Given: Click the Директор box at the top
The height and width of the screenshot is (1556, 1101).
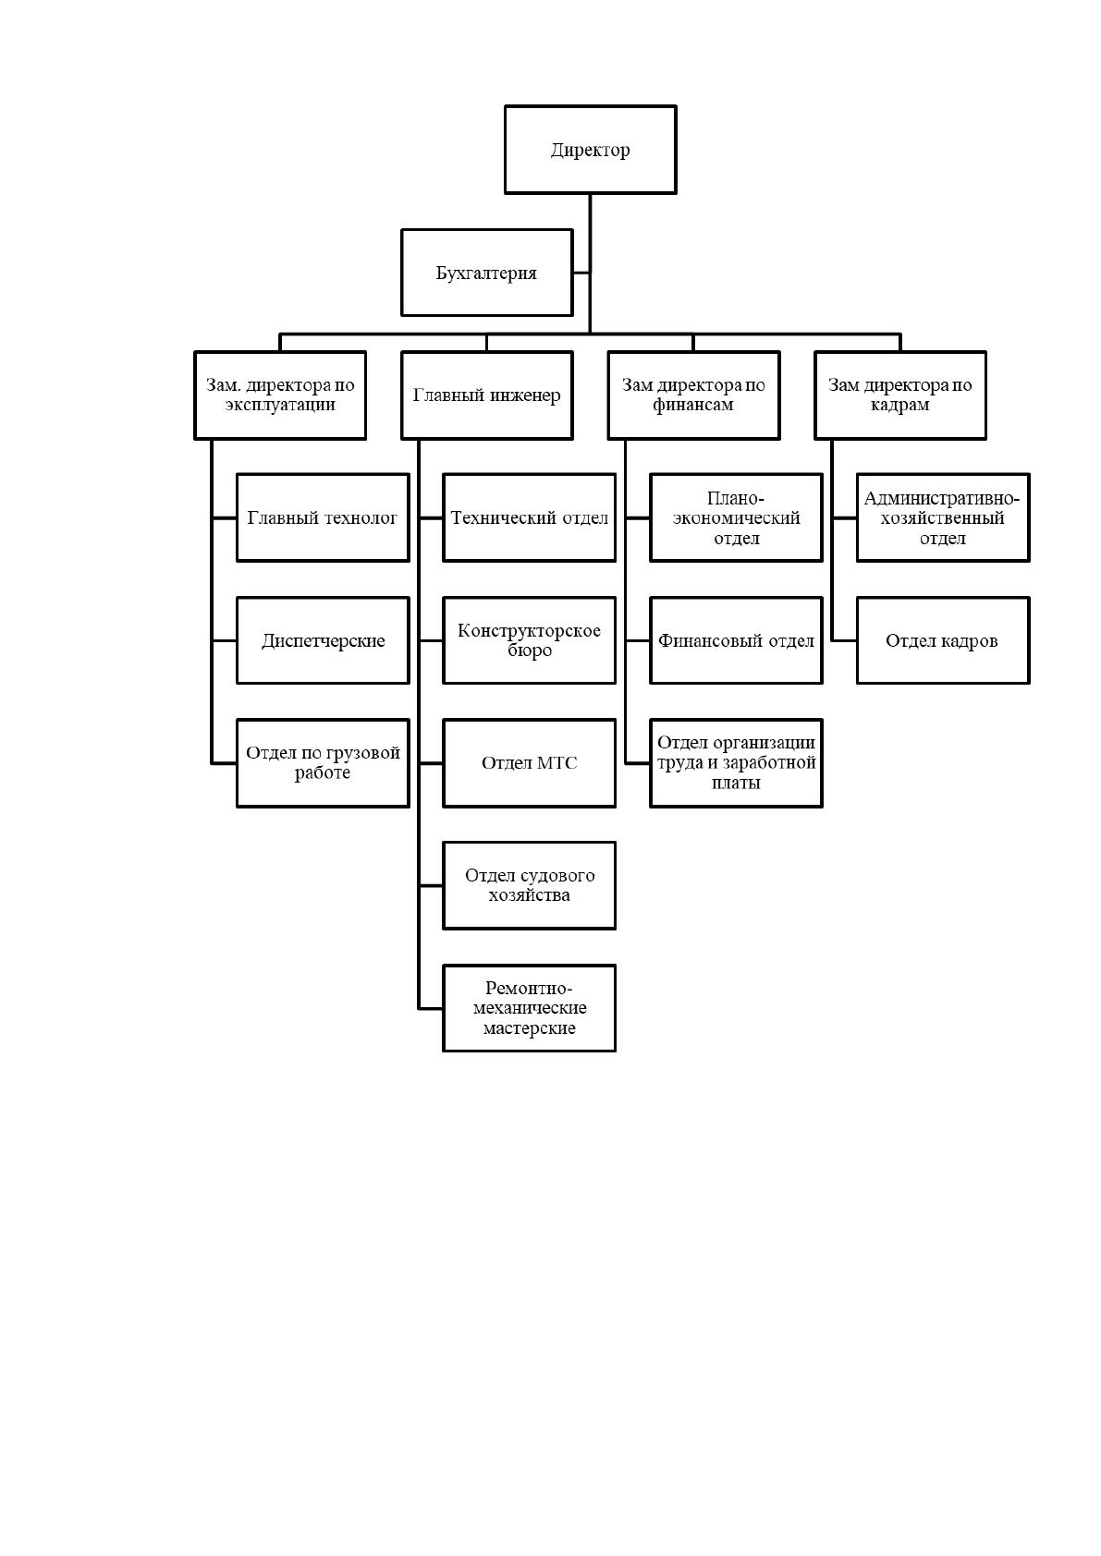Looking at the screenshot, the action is (590, 150).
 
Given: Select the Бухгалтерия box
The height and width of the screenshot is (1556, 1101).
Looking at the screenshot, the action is (486, 273).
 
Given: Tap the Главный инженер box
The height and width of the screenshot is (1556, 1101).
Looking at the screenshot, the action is (486, 395).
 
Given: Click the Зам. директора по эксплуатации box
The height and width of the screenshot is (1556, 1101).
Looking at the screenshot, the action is (280, 395).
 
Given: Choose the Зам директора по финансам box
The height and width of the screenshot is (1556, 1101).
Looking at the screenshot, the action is (693, 395).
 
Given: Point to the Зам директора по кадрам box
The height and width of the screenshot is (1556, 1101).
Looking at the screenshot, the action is (900, 395).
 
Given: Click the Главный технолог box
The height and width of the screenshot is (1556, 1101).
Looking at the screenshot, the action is (323, 517).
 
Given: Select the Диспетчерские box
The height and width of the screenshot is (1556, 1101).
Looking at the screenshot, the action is (323, 639).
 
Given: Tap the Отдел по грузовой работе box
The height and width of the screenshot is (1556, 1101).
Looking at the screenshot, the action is (323, 762).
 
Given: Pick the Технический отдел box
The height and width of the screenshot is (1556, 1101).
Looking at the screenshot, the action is (529, 517).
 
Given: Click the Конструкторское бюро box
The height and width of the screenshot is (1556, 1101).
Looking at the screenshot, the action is (529, 639).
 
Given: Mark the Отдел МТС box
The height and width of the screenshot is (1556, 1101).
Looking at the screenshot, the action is (529, 762).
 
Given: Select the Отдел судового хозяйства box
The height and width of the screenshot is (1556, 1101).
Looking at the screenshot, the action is (529, 885).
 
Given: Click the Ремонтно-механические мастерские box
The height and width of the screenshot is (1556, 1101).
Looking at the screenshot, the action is (529, 1008).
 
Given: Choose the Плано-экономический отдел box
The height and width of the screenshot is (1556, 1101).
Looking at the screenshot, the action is (736, 517).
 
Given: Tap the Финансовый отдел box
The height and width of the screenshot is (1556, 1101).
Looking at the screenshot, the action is (736, 639).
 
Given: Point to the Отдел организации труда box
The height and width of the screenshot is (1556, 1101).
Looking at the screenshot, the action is (736, 762).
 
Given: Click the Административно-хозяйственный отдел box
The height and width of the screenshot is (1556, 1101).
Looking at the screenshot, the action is (943, 517).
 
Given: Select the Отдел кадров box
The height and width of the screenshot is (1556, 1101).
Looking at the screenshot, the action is (943, 639).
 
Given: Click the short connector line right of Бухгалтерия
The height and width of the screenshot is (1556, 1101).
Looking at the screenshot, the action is (581, 273).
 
